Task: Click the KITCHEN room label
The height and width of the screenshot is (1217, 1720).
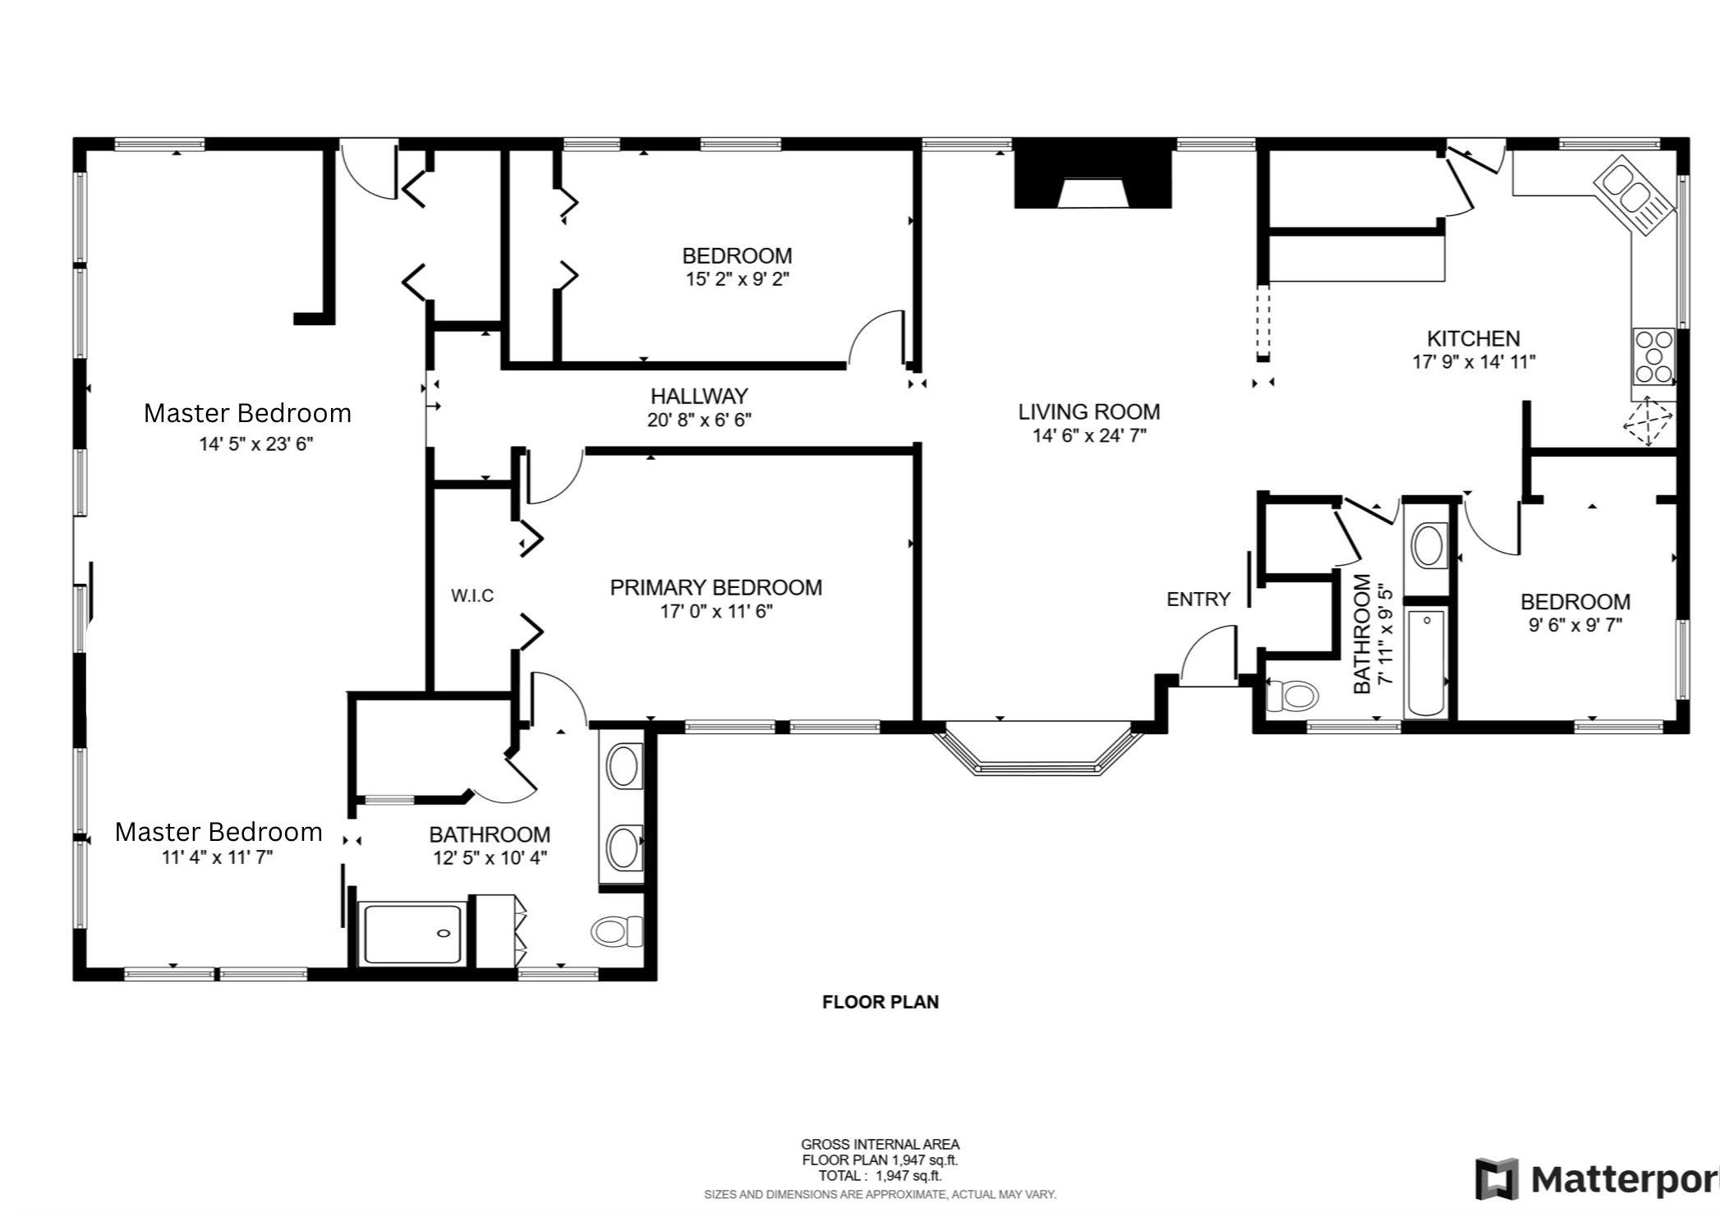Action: [1473, 338]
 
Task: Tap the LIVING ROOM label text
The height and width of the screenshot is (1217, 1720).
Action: [1088, 412]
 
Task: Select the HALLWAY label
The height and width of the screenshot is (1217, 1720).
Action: [699, 397]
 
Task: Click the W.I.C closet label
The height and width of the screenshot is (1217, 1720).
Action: [472, 596]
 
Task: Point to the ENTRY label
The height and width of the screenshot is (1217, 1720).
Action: [1198, 599]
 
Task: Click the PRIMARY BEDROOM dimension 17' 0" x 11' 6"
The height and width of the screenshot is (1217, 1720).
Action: [716, 612]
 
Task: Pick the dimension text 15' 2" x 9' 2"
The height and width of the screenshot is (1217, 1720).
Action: [737, 279]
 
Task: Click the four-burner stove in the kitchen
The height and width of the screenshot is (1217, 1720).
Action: [1653, 357]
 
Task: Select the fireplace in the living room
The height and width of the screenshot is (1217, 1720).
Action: [1092, 181]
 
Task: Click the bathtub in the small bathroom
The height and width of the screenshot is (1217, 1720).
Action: [1428, 664]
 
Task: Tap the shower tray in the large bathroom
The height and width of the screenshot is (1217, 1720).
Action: [412, 934]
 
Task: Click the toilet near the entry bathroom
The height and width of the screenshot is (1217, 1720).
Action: [1292, 696]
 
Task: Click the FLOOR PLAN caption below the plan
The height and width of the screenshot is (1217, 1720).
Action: [880, 1002]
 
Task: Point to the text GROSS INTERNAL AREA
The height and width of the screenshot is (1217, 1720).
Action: [880, 1145]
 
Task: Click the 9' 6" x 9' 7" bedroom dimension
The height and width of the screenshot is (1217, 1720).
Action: [1574, 626]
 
